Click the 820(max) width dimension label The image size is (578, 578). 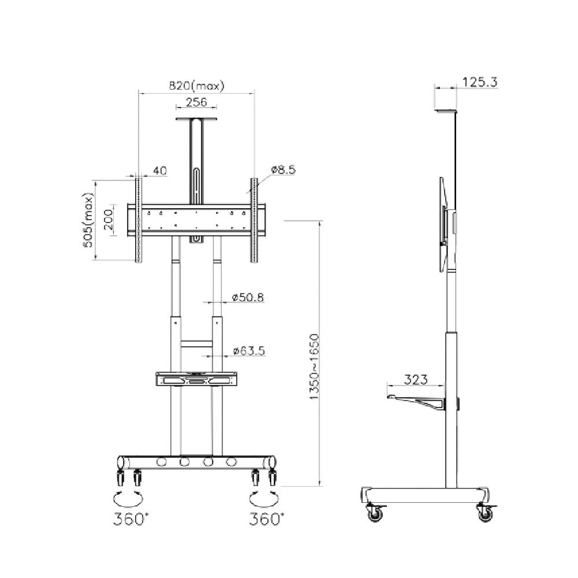coord(197,86)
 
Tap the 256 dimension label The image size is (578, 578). coord(196,102)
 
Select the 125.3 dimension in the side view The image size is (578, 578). coord(480,82)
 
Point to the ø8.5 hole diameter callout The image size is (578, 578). coord(283,170)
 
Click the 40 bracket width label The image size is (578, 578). coord(160,171)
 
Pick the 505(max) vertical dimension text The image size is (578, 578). coord(88,220)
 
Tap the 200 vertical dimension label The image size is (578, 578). coord(109,220)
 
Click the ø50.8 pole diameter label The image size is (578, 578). coord(248,297)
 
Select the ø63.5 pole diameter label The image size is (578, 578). coord(249,351)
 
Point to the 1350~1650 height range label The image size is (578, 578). coord(314,366)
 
